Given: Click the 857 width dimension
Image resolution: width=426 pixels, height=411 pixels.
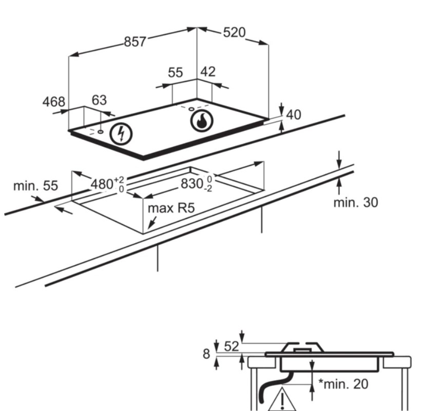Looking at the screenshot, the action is pos(135,42).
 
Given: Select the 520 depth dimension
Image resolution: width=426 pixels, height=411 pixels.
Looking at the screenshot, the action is pos(234,33).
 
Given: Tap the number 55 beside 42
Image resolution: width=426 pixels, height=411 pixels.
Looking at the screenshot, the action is pos(175,72).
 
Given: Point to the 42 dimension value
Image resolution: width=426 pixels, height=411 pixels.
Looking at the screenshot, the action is pos(208,72).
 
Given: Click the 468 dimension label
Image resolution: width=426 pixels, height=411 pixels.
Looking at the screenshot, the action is pos(54,102).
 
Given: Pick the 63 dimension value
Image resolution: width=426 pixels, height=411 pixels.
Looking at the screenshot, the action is pos(99,100).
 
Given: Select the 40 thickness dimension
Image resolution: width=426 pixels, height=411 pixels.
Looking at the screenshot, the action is pos(294,114).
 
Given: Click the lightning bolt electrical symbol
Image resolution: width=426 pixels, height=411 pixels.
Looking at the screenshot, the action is pos(121,134).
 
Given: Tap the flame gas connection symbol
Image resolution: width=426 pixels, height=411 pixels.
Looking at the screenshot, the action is pos(202,121).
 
